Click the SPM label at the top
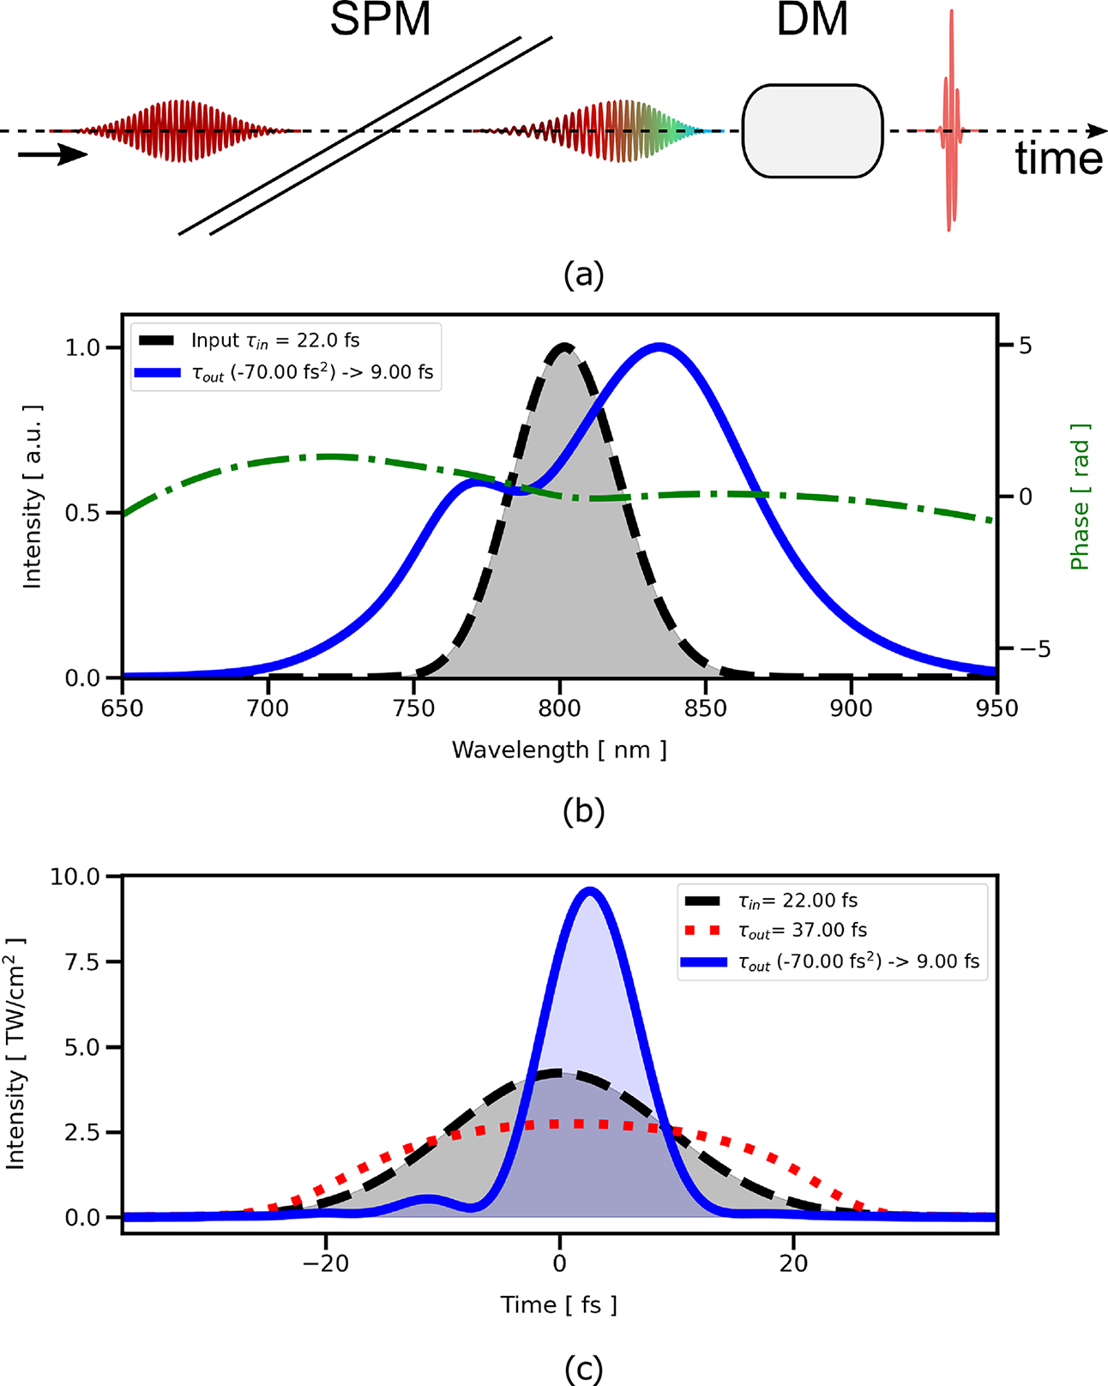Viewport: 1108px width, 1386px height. coord(380,20)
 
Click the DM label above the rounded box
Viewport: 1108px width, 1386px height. coord(811,20)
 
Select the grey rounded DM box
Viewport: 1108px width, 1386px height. coord(812,131)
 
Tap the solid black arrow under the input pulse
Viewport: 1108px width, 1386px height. coord(52,155)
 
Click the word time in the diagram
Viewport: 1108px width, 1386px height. coord(1058,160)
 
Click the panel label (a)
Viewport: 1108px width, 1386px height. coord(584,274)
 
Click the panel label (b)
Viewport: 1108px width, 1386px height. coord(584,811)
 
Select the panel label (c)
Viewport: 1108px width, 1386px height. coord(584,1370)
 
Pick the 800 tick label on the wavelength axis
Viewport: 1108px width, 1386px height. coord(559,708)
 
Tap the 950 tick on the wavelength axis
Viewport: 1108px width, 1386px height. coord(997,708)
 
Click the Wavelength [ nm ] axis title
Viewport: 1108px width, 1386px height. coord(559,750)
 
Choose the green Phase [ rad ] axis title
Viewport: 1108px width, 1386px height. coord(1080,497)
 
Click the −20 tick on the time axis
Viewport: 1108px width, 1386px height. coord(325,1263)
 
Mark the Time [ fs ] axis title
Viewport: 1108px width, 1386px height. coord(559,1305)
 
